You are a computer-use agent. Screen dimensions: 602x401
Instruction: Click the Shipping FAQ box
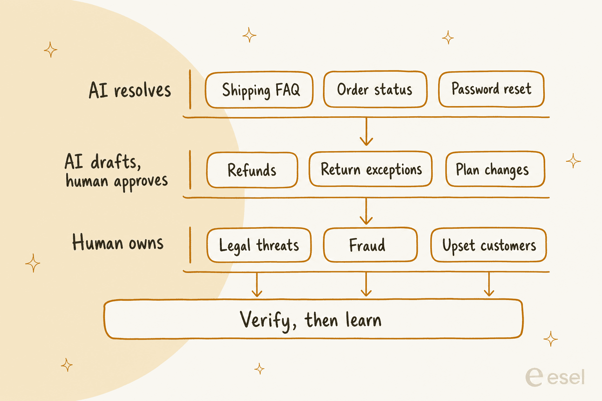(259, 90)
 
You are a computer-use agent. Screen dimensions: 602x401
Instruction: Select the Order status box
(375, 89)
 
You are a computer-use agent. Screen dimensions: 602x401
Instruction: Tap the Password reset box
(491, 89)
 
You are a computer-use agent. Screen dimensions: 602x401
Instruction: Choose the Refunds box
(252, 170)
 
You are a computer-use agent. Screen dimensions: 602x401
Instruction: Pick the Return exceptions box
(371, 169)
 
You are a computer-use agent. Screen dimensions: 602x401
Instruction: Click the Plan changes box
(495, 169)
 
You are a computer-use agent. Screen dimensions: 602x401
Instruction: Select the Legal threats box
(259, 245)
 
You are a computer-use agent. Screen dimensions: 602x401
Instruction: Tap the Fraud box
(370, 244)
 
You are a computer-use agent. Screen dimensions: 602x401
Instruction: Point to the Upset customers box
(489, 245)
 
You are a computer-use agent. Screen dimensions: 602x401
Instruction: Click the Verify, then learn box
(314, 319)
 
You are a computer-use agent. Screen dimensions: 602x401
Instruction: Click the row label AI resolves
(130, 90)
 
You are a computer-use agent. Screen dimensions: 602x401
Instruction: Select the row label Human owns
(118, 242)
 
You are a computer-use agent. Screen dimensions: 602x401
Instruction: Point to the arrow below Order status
(366, 131)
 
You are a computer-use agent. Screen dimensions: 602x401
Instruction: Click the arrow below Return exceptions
(366, 211)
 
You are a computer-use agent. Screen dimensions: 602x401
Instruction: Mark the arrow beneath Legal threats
(257, 284)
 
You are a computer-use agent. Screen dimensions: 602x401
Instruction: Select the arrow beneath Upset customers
(489, 284)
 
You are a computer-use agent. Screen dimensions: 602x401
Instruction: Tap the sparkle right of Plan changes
(573, 161)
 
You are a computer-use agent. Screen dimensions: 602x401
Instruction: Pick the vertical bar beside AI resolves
(190, 89)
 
